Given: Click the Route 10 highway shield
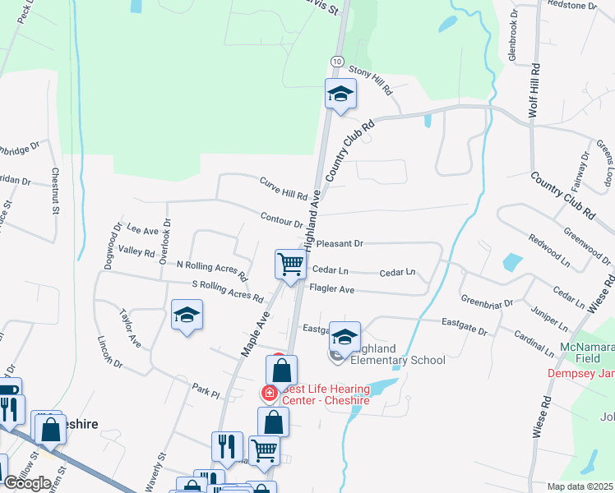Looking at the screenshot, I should click(x=337, y=62).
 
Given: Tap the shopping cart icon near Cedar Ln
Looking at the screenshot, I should click(x=290, y=265).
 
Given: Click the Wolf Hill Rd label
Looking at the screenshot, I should click(x=534, y=90).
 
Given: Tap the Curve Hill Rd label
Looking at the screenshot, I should click(x=283, y=190).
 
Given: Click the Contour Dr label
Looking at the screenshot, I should click(x=281, y=220).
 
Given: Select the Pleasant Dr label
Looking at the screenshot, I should click(x=339, y=244).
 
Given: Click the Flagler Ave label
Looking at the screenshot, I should click(x=331, y=289).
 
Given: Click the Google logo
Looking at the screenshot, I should click(x=27, y=483).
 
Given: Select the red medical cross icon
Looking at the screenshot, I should click(x=268, y=394).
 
